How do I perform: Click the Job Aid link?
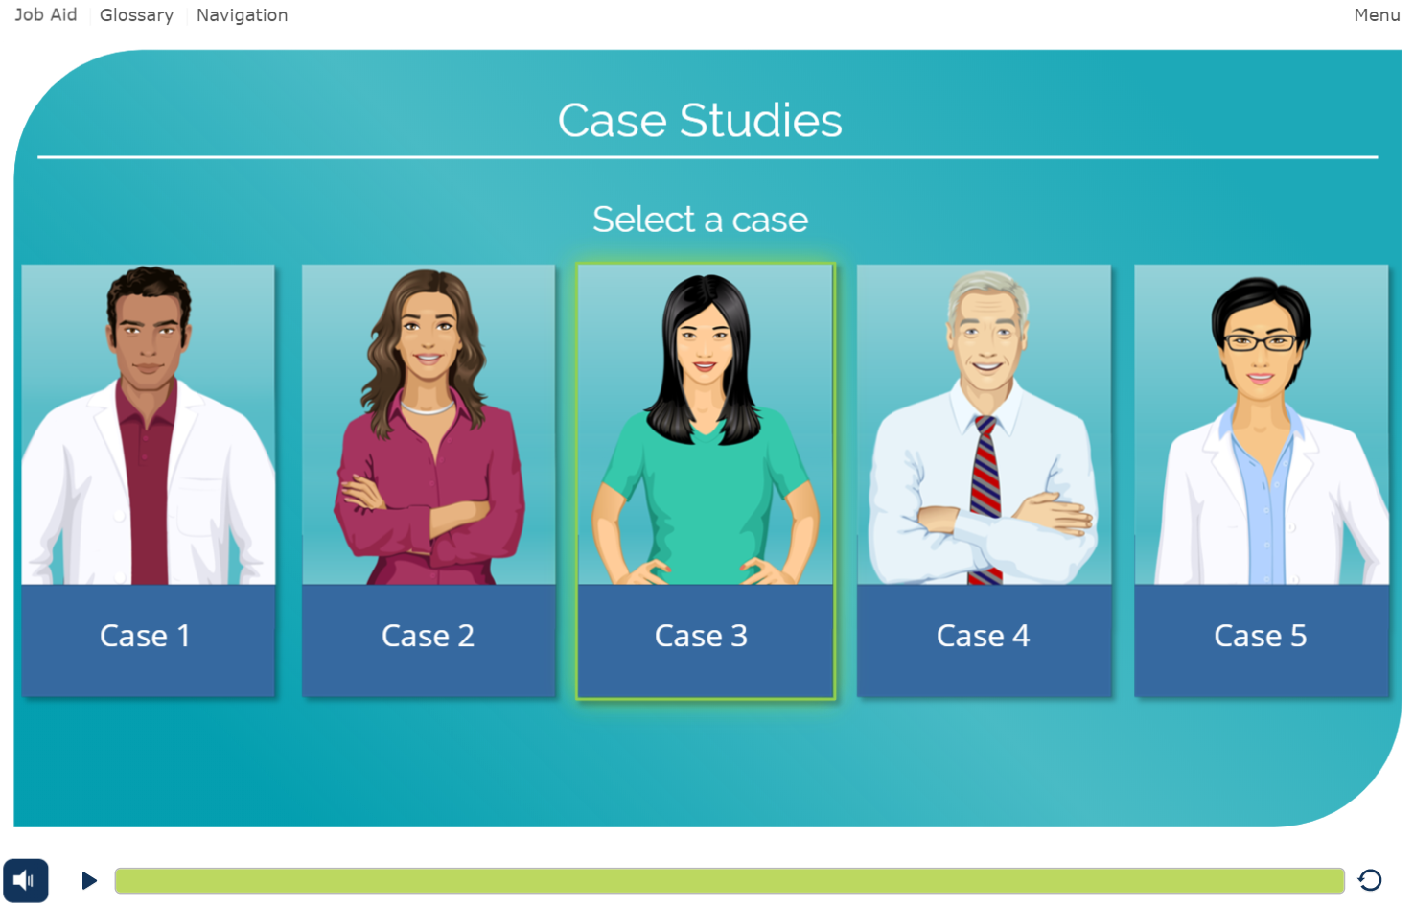(45, 14)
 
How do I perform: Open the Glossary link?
(136, 15)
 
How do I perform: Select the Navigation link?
(242, 15)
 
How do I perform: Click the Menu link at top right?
(1377, 14)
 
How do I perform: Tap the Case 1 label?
(145, 636)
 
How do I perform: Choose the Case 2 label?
(428, 636)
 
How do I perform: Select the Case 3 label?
(701, 636)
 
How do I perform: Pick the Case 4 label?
(983, 636)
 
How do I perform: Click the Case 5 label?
(1260, 636)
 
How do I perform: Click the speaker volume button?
(25, 880)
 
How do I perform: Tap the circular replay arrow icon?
(1370, 880)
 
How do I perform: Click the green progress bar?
(730, 880)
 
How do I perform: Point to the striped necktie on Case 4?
(985, 499)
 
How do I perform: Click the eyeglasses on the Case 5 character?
(1260, 342)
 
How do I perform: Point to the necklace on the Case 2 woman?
(428, 407)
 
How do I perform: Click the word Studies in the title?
(760, 120)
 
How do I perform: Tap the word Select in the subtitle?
(644, 219)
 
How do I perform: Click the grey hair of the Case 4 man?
(987, 291)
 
